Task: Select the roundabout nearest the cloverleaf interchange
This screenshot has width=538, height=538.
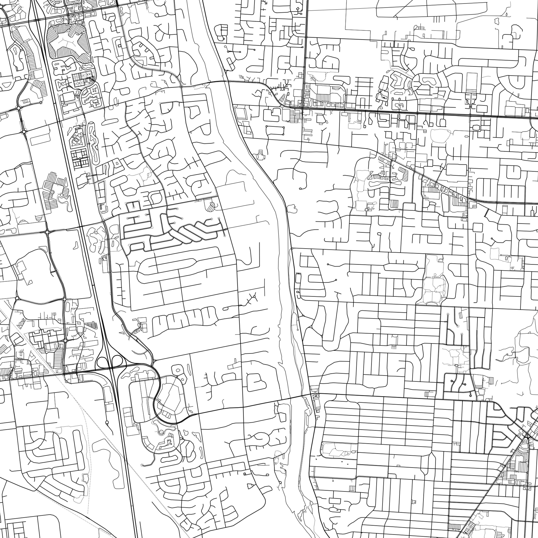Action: [x=65, y=341]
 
